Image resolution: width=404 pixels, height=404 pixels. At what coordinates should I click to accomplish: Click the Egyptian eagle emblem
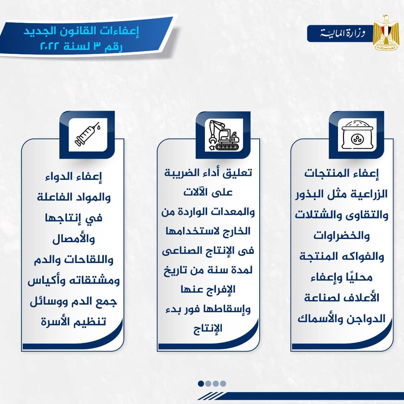tap(386, 32)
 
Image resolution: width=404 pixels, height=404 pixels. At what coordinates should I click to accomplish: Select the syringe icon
tap(88, 135)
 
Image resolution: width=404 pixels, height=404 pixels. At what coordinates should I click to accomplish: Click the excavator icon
tap(223, 135)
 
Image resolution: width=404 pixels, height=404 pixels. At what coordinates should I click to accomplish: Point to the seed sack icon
tap(357, 135)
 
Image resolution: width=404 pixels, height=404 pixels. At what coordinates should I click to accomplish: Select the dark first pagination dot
tap(201, 383)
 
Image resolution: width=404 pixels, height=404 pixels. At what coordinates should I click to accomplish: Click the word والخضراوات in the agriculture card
tap(342, 236)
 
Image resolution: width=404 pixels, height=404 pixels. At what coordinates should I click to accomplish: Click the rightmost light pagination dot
tap(223, 383)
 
